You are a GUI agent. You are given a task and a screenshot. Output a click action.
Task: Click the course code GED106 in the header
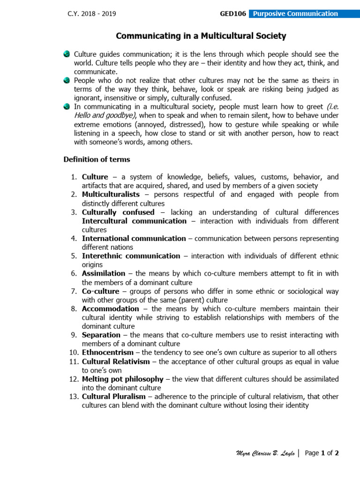pyautogui.click(x=233, y=14)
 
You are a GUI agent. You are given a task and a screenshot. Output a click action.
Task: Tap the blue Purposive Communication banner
pyautogui.click(x=295, y=14)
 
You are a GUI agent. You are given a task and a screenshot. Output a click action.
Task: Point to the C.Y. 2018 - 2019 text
pyautogui.click(x=91, y=14)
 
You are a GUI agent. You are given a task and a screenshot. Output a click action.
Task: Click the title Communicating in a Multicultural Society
pyautogui.click(x=201, y=36)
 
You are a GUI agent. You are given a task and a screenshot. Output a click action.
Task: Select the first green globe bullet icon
pyautogui.click(x=67, y=54)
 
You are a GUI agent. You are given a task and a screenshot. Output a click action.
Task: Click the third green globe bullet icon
pyautogui.click(x=67, y=107)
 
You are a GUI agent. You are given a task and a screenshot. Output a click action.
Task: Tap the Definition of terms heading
pyautogui.click(x=97, y=159)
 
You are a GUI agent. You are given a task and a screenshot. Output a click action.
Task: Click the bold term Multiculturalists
pyautogui.click(x=111, y=195)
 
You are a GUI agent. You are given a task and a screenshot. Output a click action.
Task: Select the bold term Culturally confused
pyautogui.click(x=118, y=212)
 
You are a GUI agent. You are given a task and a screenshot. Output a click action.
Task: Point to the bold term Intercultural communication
pyautogui.click(x=134, y=221)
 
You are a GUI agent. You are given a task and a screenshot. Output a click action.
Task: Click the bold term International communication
pyautogui.click(x=134, y=239)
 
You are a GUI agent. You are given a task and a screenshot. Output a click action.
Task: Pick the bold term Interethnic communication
pyautogui.click(x=131, y=256)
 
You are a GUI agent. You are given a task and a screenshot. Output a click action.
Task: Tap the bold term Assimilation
pyautogui.click(x=104, y=273)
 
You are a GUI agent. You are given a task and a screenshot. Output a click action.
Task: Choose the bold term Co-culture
pyautogui.click(x=101, y=291)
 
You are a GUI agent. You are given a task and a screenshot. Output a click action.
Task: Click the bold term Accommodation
pyautogui.click(x=111, y=309)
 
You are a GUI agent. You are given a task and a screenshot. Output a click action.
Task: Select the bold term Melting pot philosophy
pyautogui.click(x=123, y=379)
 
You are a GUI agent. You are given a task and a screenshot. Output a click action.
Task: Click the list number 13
pyautogui.click(x=73, y=397)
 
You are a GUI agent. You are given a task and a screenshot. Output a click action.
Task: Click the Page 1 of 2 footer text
pyautogui.click(x=322, y=453)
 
